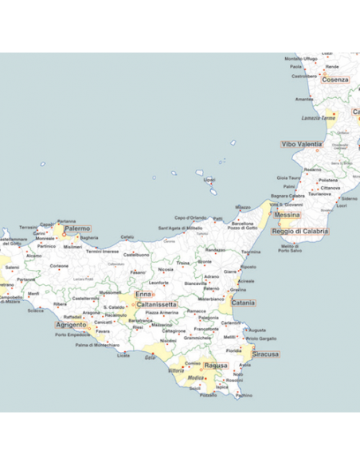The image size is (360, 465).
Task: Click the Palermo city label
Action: tap(77, 229)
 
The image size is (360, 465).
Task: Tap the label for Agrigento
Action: tap(71, 325)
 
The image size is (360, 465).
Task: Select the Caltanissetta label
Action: tap(156, 304)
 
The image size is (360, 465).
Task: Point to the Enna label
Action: tap(143, 295)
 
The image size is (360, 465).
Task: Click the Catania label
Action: tap(243, 303)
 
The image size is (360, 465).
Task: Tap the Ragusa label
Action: tap(215, 365)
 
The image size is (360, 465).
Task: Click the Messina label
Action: tap(287, 215)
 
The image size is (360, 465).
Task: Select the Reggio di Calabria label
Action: tap(299, 231)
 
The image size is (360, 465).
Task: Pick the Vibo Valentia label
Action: tap(302, 144)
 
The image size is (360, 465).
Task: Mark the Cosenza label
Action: tap(335, 80)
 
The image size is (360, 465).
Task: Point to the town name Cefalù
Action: tap(127, 236)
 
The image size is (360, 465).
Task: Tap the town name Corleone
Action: tap(60, 266)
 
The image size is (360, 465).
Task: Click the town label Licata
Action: tap(123, 355)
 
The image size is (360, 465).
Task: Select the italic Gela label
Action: tap(150, 357)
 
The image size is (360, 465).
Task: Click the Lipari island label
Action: tap(209, 180)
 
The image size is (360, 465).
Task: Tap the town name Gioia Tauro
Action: tap(288, 178)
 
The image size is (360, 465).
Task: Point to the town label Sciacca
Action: tap(35, 311)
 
